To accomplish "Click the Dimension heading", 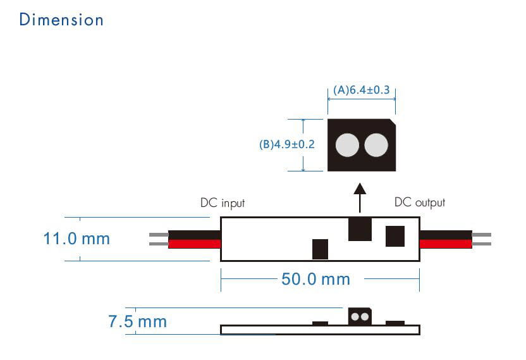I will click(61, 20).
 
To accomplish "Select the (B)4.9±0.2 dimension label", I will click(286, 144).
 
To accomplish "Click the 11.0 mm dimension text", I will click(76, 239).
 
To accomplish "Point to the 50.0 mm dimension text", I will click(315, 279).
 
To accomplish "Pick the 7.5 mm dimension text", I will click(137, 321).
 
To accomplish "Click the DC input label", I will click(222, 203).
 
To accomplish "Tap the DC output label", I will click(419, 202).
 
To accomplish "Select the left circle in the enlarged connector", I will click(347, 146).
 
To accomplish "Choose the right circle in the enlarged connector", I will click(376, 146).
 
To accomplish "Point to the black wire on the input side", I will click(194, 235).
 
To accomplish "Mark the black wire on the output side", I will click(445, 235).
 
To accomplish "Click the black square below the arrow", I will click(360, 229).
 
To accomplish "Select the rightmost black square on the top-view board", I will click(395, 236).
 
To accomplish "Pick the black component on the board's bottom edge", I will click(320, 249).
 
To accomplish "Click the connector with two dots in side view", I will click(360, 316).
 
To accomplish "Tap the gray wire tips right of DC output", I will click(481, 239).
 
